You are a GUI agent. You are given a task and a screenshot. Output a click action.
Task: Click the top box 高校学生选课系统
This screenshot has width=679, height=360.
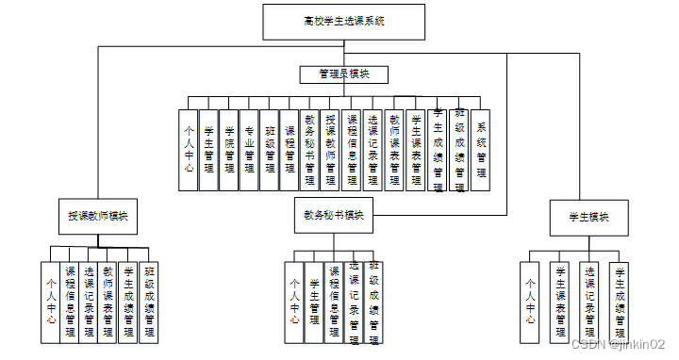point(343,21)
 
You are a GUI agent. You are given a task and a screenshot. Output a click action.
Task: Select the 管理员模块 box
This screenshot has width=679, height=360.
point(343,74)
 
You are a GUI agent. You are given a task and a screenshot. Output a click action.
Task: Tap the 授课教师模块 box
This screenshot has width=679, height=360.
point(97,216)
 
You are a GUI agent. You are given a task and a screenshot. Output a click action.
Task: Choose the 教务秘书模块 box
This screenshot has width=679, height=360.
point(333,216)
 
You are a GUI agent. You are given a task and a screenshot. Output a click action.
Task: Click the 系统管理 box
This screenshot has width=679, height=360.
point(481,150)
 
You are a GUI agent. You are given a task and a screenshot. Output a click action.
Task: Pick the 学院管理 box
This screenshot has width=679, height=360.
point(229,150)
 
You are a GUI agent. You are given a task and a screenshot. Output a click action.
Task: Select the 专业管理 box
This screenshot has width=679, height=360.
point(250,150)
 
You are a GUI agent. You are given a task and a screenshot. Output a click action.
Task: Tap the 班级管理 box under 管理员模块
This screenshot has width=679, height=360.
point(271,150)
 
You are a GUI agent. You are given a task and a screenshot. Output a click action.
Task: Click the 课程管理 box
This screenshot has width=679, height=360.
point(290,150)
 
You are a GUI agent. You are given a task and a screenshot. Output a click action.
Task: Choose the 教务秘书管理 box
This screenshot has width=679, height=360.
point(311,150)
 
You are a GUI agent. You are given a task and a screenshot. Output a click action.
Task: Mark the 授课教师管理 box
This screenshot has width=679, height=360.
point(332,150)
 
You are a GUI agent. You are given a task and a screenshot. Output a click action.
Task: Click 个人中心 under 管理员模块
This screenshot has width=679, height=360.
point(189,150)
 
